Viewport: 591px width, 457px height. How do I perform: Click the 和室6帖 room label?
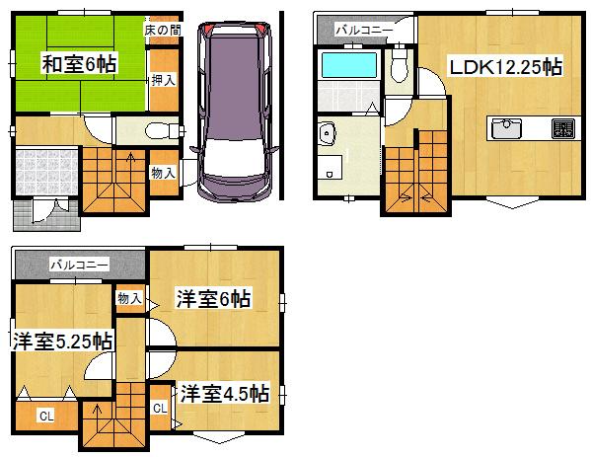pos(79,64)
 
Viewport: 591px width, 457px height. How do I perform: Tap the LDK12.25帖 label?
pos(505,68)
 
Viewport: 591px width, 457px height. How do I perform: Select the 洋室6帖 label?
pos(213,298)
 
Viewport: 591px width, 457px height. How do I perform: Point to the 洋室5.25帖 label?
pos(61,342)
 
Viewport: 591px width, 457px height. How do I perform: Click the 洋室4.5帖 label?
pos(224,393)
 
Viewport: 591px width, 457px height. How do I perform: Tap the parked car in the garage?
pos(236,109)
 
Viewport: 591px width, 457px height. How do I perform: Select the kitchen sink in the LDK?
pos(507,128)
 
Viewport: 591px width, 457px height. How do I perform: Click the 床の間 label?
pos(162,31)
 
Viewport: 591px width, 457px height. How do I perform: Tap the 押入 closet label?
pos(163,80)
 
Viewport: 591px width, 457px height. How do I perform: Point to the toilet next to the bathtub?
pos(400,68)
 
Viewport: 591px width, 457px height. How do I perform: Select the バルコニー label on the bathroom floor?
pos(364,31)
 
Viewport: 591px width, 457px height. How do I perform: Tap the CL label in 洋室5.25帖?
pos(45,417)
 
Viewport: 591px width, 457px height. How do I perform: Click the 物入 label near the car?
pos(163,173)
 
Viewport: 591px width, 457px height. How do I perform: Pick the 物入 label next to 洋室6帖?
pos(129,297)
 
